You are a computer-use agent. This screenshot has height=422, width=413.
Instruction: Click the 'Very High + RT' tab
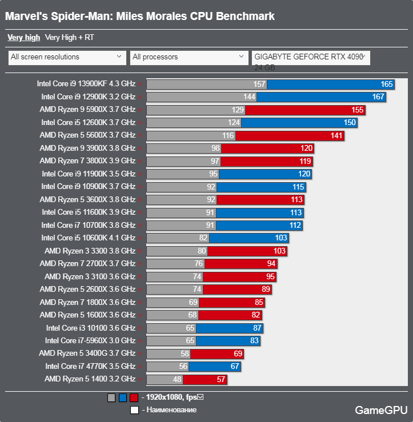(69, 38)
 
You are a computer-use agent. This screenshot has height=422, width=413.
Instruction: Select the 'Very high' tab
(23, 38)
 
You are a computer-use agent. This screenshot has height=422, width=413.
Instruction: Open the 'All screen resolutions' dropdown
(67, 57)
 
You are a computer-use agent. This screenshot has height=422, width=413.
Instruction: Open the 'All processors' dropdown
(189, 57)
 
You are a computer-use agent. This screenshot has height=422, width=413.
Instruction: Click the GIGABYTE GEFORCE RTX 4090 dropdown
(311, 57)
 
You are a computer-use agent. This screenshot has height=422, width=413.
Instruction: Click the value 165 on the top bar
(387, 84)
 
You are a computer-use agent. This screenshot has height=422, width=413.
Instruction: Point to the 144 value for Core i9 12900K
(249, 97)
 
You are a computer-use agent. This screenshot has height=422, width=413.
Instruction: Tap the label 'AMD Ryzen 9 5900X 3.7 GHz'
(87, 110)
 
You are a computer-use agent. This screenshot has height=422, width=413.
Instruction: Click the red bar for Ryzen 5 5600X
(297, 135)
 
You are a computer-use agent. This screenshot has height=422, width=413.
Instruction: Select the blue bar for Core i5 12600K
(300, 122)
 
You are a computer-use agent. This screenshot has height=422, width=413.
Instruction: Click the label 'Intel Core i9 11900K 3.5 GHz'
(89, 174)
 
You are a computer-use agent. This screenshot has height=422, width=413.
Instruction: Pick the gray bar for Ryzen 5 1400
(165, 379)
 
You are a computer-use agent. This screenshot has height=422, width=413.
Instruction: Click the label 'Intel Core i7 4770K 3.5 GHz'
(90, 367)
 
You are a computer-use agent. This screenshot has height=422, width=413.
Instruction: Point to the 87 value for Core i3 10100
(256, 328)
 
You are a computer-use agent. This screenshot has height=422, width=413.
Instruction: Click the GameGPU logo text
(381, 409)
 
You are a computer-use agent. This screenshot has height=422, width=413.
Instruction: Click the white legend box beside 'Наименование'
(134, 409)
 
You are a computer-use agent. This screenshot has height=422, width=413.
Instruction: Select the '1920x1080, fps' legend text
(171, 397)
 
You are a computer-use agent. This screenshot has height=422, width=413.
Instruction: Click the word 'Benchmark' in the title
(242, 16)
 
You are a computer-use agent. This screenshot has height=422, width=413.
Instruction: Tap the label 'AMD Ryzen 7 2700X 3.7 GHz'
(87, 264)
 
